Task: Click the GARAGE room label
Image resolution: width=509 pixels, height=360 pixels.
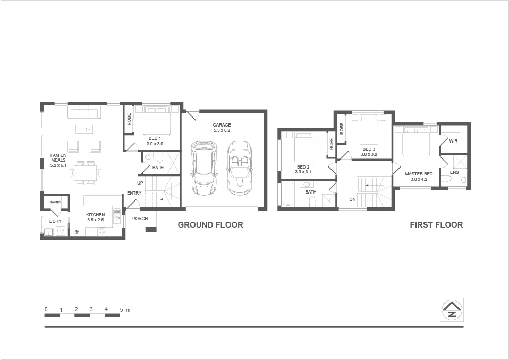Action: pyautogui.click(x=222, y=125)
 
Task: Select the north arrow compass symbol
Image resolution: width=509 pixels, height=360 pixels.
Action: pyautogui.click(x=452, y=309)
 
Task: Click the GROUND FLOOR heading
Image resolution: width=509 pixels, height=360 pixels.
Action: pyautogui.click(x=210, y=225)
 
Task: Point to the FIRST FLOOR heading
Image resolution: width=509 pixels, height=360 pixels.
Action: pyautogui.click(x=436, y=225)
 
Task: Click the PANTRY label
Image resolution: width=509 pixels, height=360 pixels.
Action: pyautogui.click(x=56, y=202)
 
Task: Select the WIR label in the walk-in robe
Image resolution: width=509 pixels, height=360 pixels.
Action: pyautogui.click(x=453, y=141)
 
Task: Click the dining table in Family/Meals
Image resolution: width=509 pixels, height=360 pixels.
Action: pyautogui.click(x=86, y=173)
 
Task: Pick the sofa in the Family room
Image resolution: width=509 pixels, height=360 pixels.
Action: pyautogui.click(x=84, y=112)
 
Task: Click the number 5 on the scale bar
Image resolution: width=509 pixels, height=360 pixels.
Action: pyautogui.click(x=121, y=309)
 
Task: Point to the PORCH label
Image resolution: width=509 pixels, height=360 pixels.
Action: pyautogui.click(x=140, y=219)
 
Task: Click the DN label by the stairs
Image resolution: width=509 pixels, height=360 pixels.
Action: pyautogui.click(x=352, y=199)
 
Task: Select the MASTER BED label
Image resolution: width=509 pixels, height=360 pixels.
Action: pyautogui.click(x=419, y=174)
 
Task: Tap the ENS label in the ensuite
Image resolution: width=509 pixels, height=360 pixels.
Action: pyautogui.click(x=454, y=173)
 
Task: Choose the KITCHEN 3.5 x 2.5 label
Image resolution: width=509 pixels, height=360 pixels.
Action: pyautogui.click(x=96, y=217)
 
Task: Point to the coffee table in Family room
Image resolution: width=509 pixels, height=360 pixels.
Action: pyautogui.click(x=84, y=129)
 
